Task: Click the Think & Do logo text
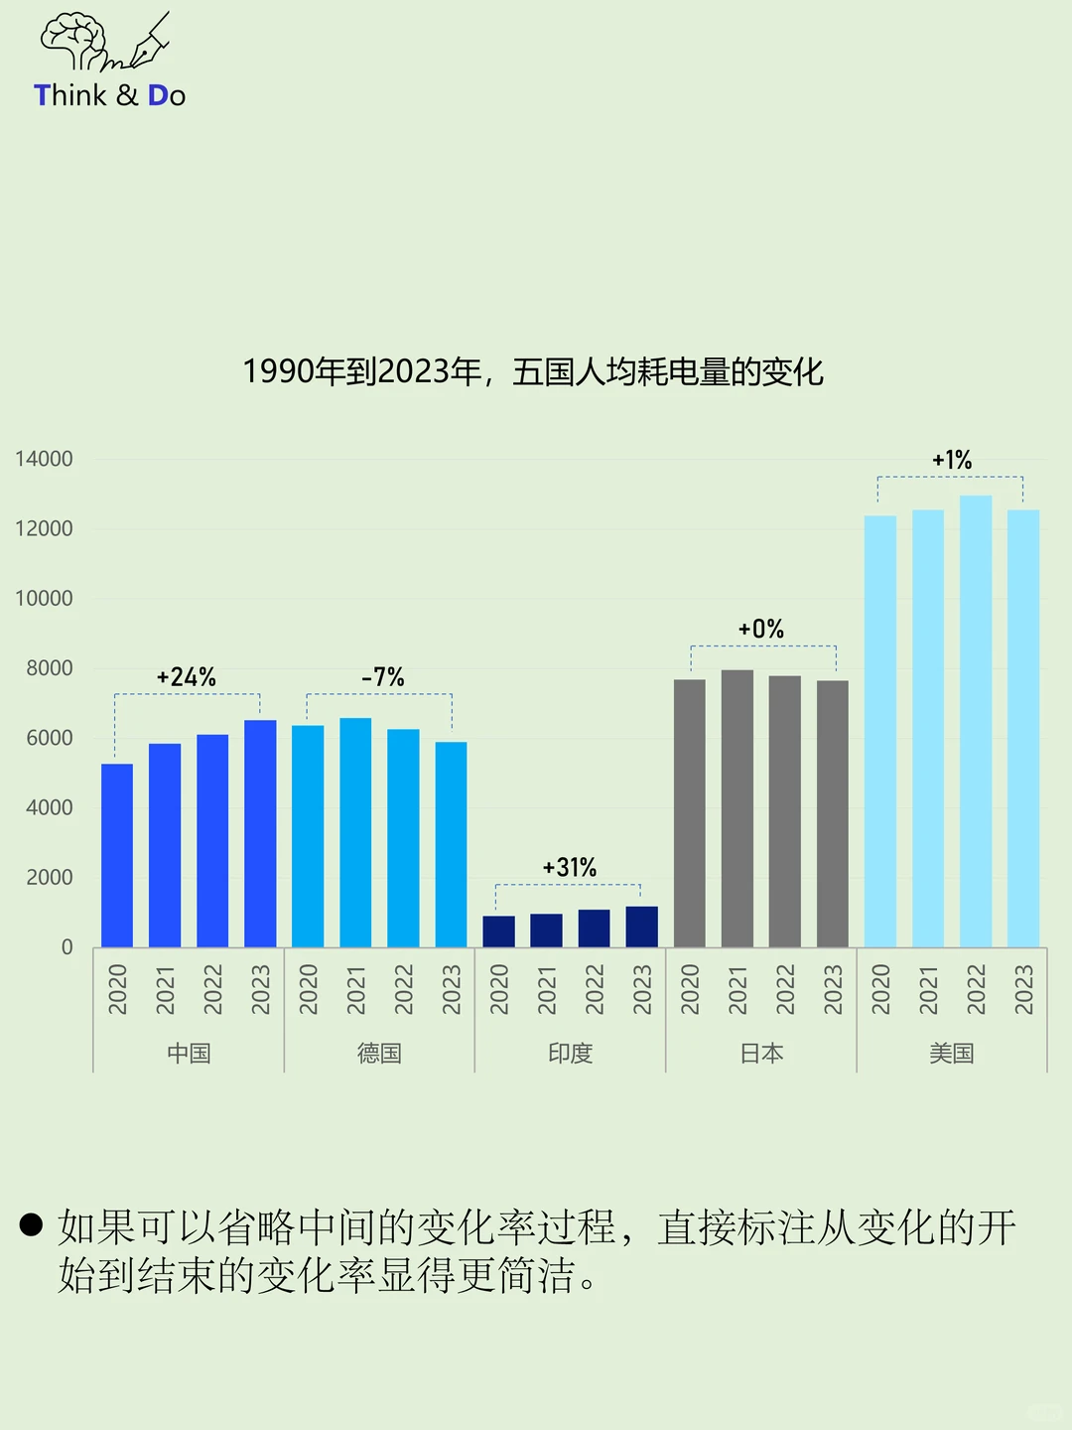click(109, 95)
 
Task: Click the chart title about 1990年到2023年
click(533, 372)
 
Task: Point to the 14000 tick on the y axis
click(45, 459)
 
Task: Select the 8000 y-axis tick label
click(50, 668)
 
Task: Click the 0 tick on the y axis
click(67, 947)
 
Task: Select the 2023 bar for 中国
click(260, 834)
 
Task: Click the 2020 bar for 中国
click(117, 855)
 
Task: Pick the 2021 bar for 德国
click(355, 832)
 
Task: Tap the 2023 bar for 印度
click(641, 927)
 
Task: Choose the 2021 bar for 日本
click(737, 808)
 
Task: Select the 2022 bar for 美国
click(976, 721)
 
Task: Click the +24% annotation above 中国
click(187, 677)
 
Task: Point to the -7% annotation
click(383, 677)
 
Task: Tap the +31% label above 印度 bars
click(570, 868)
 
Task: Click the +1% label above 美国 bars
click(952, 461)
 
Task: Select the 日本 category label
click(761, 1054)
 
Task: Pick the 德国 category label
click(379, 1054)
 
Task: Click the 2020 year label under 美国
click(880, 989)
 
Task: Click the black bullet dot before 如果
click(31, 1224)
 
